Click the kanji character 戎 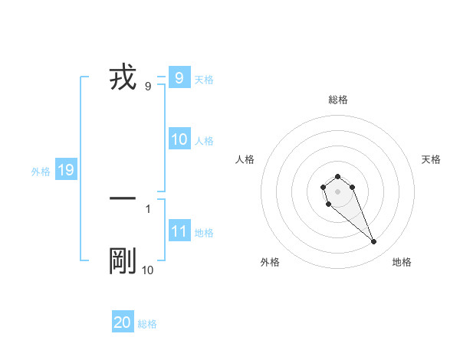click(x=123, y=78)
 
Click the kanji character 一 click(x=123, y=198)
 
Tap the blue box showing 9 click(x=179, y=77)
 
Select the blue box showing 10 click(x=179, y=139)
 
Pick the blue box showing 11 click(x=179, y=231)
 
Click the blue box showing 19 click(x=65, y=170)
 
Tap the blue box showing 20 click(x=123, y=322)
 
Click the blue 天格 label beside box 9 click(x=204, y=79)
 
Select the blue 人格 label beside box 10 click(x=204, y=141)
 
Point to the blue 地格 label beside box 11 click(x=204, y=233)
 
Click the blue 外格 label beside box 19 click(x=41, y=172)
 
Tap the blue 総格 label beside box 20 click(x=147, y=324)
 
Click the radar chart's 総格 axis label click(x=338, y=100)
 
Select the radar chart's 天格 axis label click(x=432, y=159)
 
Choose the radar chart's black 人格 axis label click(x=245, y=159)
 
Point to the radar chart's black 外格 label click(x=269, y=262)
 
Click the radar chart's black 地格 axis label click(x=402, y=262)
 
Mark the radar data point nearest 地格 click(x=374, y=242)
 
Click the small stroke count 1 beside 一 click(x=148, y=208)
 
